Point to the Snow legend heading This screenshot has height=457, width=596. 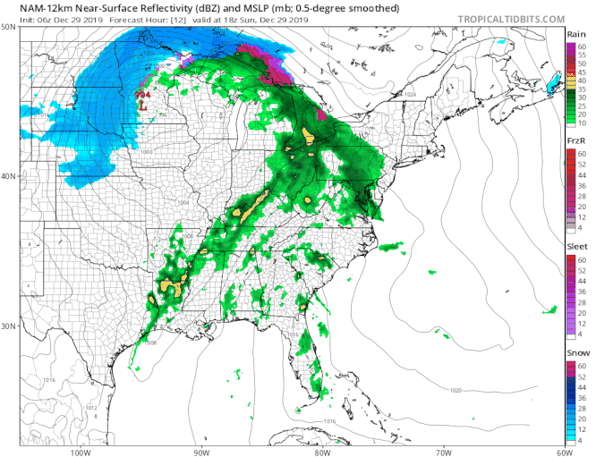(577, 354)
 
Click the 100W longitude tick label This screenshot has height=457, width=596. (81, 451)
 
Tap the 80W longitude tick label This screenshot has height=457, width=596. (320, 451)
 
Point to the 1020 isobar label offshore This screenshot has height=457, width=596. (456, 391)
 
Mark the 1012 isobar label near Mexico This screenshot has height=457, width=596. (90, 408)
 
